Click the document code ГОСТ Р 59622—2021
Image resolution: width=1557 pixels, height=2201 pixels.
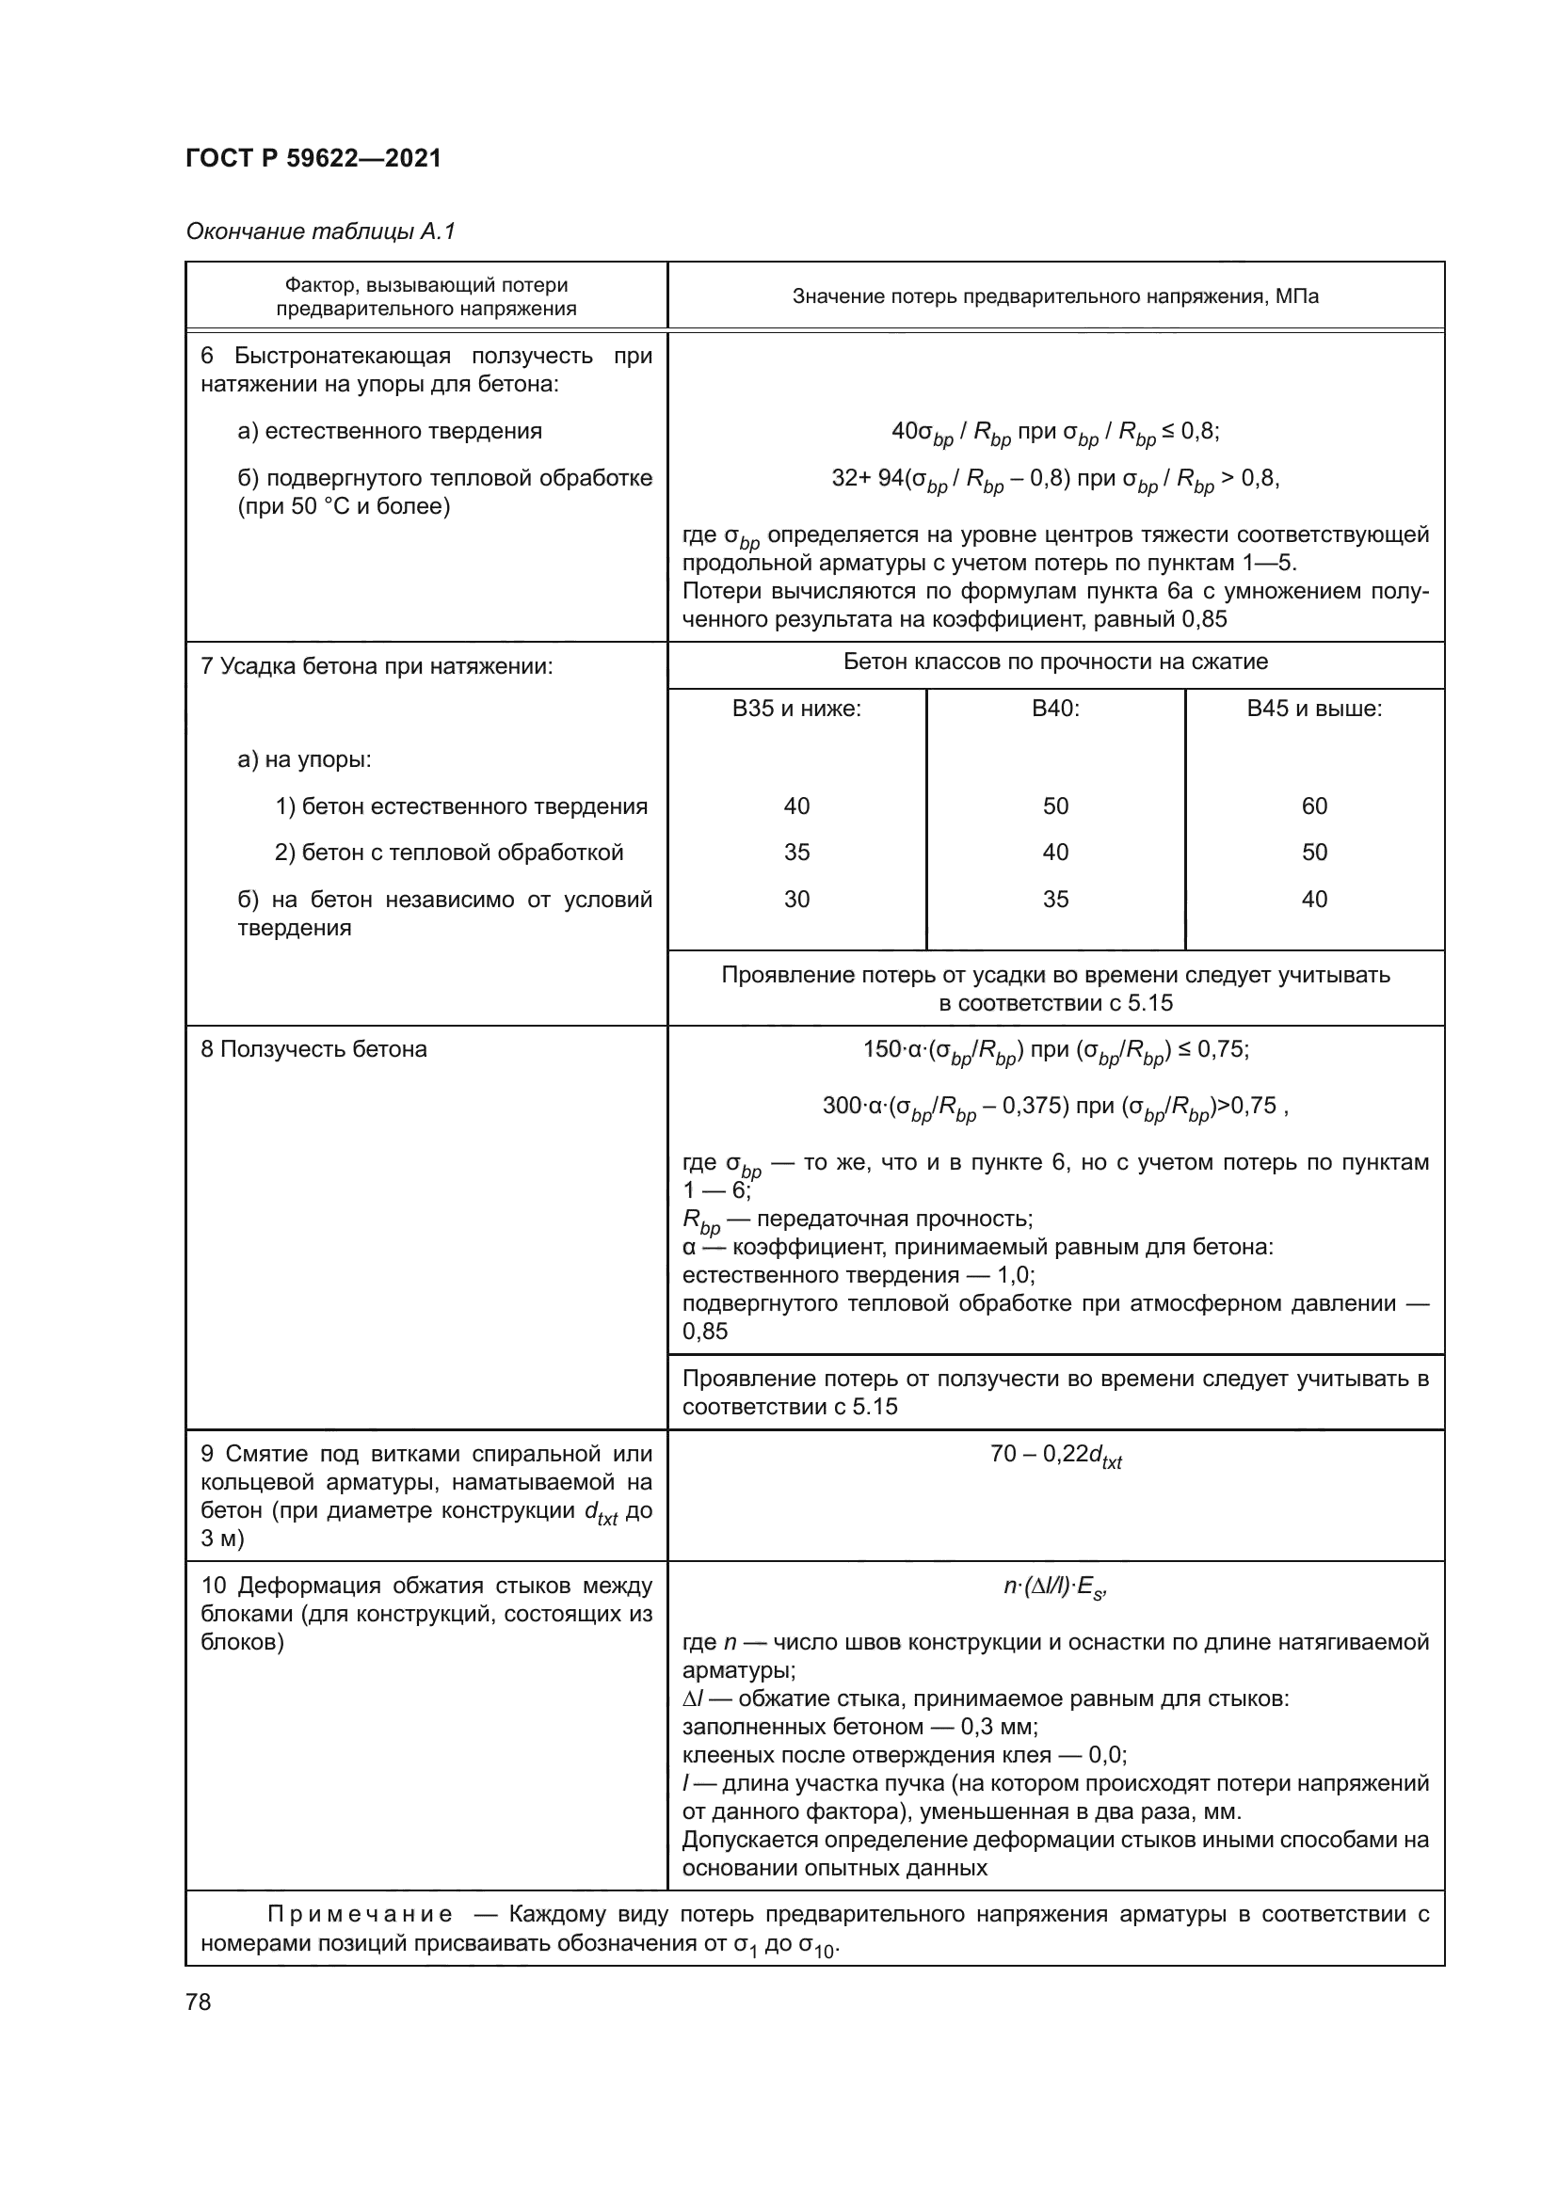(x=313, y=158)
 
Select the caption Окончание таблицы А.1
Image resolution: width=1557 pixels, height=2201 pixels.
(x=320, y=231)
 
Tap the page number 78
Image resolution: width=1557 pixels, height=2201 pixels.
(x=199, y=2002)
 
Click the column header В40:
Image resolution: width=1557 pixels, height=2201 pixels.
(x=1054, y=710)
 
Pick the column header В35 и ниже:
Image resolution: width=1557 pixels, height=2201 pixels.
(x=796, y=710)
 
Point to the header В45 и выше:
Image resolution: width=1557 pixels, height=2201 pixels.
(x=1313, y=710)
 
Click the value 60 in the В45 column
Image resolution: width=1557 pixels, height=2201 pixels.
(x=1313, y=806)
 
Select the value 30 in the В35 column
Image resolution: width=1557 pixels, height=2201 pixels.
(x=796, y=900)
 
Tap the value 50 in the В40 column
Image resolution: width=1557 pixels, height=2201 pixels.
(x=1054, y=806)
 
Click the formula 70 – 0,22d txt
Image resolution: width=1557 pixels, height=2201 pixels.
(x=1054, y=1456)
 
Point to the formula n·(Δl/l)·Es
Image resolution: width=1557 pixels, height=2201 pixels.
(x=1054, y=1587)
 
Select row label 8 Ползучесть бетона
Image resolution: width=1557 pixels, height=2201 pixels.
(x=313, y=1050)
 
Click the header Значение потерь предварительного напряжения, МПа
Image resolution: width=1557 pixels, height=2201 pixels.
(x=1054, y=296)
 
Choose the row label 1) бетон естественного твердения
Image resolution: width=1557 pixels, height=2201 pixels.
(x=461, y=806)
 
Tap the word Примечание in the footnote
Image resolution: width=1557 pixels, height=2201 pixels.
(x=359, y=1914)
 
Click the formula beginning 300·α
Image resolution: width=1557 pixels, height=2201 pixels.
(x=1054, y=1108)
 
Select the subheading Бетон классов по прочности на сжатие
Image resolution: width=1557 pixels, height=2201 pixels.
(x=1054, y=662)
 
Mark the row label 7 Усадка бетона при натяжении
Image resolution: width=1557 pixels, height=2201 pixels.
(x=377, y=666)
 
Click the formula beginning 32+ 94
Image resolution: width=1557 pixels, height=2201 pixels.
(x=1054, y=478)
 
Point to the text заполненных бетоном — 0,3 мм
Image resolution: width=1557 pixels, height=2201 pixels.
(x=860, y=1727)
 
